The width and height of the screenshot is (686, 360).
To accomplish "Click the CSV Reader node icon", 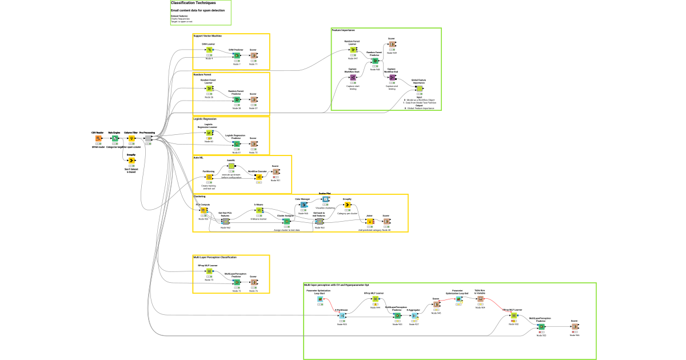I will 98,138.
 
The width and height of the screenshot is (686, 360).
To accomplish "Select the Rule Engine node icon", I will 115,138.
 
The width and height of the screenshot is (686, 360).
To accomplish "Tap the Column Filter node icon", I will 131,138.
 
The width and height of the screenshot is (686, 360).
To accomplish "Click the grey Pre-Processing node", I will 148,138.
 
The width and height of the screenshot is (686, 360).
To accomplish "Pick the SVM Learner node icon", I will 209,50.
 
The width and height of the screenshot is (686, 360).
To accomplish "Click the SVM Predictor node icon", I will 236,56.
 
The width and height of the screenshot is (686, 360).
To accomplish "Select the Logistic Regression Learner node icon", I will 209,133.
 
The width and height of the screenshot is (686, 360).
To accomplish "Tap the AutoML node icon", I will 232,166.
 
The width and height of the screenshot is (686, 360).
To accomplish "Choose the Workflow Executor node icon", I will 258,177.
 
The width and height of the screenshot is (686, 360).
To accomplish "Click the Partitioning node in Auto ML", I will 209,177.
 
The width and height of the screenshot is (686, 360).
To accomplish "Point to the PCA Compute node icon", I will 204,210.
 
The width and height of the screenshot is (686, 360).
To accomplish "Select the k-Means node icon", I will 258,210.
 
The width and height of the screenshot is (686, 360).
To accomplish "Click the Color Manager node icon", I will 303,205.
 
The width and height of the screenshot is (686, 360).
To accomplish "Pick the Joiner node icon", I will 369,222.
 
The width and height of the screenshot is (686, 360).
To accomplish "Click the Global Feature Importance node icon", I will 419,89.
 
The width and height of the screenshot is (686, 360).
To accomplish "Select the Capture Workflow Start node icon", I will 353,78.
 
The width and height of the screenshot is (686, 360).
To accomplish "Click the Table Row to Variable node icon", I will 480,298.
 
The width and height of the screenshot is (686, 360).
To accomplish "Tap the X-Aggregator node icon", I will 413,315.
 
